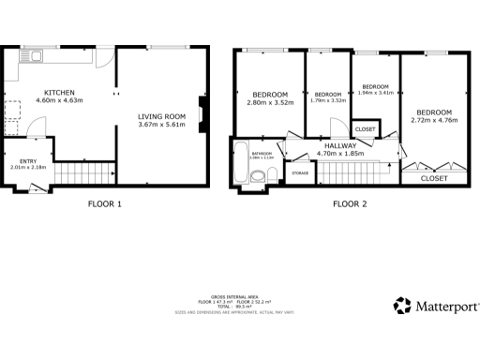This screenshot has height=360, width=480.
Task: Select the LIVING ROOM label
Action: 162,114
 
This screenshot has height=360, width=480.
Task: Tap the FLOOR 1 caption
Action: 105,203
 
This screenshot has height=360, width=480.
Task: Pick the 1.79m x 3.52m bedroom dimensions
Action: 328,101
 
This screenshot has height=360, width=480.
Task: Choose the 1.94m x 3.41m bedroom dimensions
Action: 375,93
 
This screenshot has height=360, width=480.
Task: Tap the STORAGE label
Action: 300,173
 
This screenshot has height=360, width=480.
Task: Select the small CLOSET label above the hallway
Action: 365,129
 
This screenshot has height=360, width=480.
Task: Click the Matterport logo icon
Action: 403,305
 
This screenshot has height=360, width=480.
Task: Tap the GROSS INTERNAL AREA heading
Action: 239,295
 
